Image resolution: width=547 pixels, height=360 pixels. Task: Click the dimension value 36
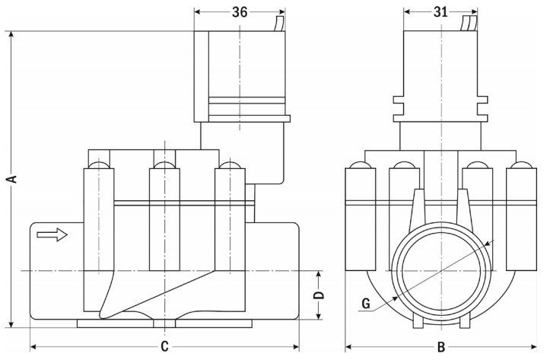(240, 11)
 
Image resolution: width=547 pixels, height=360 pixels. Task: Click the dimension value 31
(441, 11)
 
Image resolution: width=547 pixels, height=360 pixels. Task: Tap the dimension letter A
(11, 180)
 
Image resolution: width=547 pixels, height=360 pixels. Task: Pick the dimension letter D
(320, 295)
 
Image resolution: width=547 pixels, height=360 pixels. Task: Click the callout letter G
(366, 304)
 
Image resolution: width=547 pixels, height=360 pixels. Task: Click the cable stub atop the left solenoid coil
(278, 23)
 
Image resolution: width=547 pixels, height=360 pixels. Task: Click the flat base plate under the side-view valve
(164, 323)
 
